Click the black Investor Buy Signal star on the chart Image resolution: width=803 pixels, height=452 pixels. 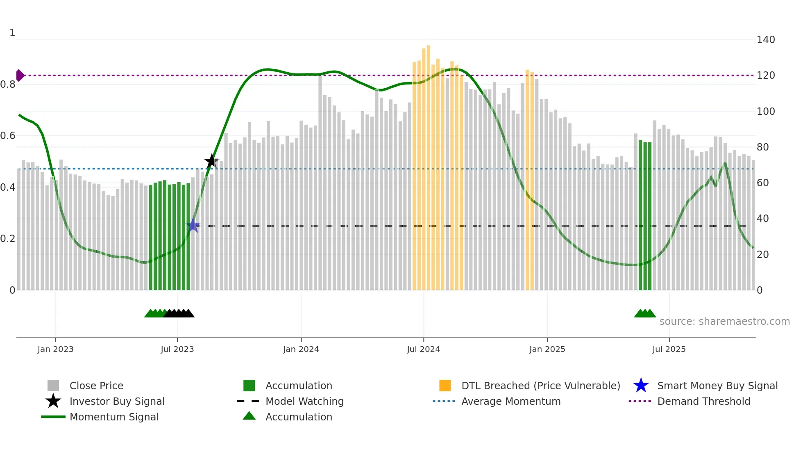[211, 161]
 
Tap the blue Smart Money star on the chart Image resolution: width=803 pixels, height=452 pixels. [193, 226]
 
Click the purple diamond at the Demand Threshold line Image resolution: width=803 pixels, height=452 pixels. [20, 75]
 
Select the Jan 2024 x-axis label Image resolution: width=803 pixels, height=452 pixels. [301, 349]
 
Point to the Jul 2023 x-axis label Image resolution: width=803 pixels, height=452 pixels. [177, 349]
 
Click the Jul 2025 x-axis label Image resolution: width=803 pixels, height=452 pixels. [669, 349]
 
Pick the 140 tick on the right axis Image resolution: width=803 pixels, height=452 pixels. [766, 40]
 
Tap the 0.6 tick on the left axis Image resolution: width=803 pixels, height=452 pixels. [8, 136]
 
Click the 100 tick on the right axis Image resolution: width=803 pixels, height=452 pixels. [766, 112]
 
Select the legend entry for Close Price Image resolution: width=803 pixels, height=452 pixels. [96, 386]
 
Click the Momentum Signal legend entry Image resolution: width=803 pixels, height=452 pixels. [114, 417]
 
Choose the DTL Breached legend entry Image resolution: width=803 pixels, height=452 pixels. [540, 386]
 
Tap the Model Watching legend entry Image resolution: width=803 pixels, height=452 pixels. [304, 402]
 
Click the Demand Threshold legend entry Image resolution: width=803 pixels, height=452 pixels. [703, 402]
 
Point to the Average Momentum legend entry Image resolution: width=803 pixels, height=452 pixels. [511, 402]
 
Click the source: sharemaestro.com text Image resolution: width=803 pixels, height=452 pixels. [724, 322]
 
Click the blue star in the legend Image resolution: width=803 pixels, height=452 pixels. [641, 386]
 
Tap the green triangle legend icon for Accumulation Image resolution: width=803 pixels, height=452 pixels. [249, 416]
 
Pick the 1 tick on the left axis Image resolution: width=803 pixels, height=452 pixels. [12, 33]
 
